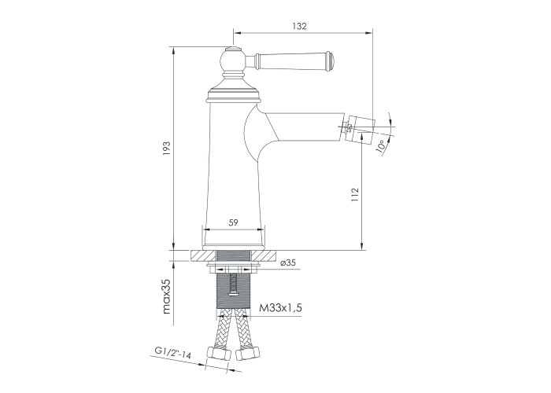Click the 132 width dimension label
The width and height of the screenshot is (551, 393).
299,26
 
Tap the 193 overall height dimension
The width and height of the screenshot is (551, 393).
166,149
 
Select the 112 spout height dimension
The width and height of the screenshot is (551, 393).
355,194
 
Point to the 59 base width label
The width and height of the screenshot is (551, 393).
233,222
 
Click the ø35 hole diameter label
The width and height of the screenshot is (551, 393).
288,263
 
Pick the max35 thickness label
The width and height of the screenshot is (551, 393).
166,296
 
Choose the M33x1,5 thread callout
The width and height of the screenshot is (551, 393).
280,308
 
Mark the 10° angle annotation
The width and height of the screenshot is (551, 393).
380,145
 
